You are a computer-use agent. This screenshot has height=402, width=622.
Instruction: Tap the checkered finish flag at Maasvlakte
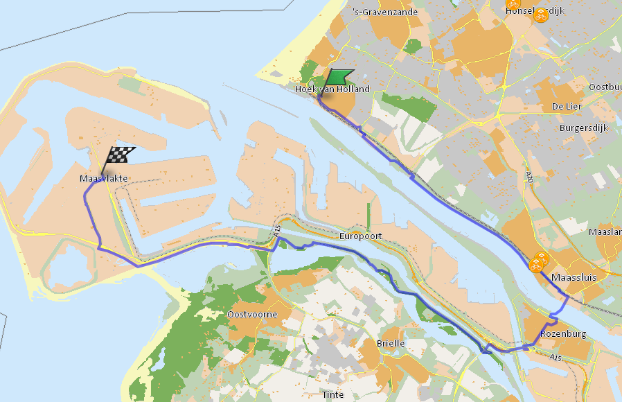[120, 156]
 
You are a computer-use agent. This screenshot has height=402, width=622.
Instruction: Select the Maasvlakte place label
[103, 179]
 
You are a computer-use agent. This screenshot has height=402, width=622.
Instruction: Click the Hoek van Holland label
[332, 89]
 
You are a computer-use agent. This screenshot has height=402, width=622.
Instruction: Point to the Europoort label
[361, 236]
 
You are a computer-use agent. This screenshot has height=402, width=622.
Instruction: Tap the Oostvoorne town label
[252, 315]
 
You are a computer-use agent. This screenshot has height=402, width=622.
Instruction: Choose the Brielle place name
[390, 343]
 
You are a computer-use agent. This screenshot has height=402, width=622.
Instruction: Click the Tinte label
[332, 394]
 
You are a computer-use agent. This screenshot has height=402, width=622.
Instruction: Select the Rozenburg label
[563, 334]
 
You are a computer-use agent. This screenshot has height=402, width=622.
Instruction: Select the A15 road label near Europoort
[277, 236]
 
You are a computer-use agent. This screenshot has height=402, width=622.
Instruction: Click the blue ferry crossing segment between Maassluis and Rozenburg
[560, 307]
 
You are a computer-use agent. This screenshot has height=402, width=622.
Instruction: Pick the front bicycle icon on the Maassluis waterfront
[535, 265]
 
